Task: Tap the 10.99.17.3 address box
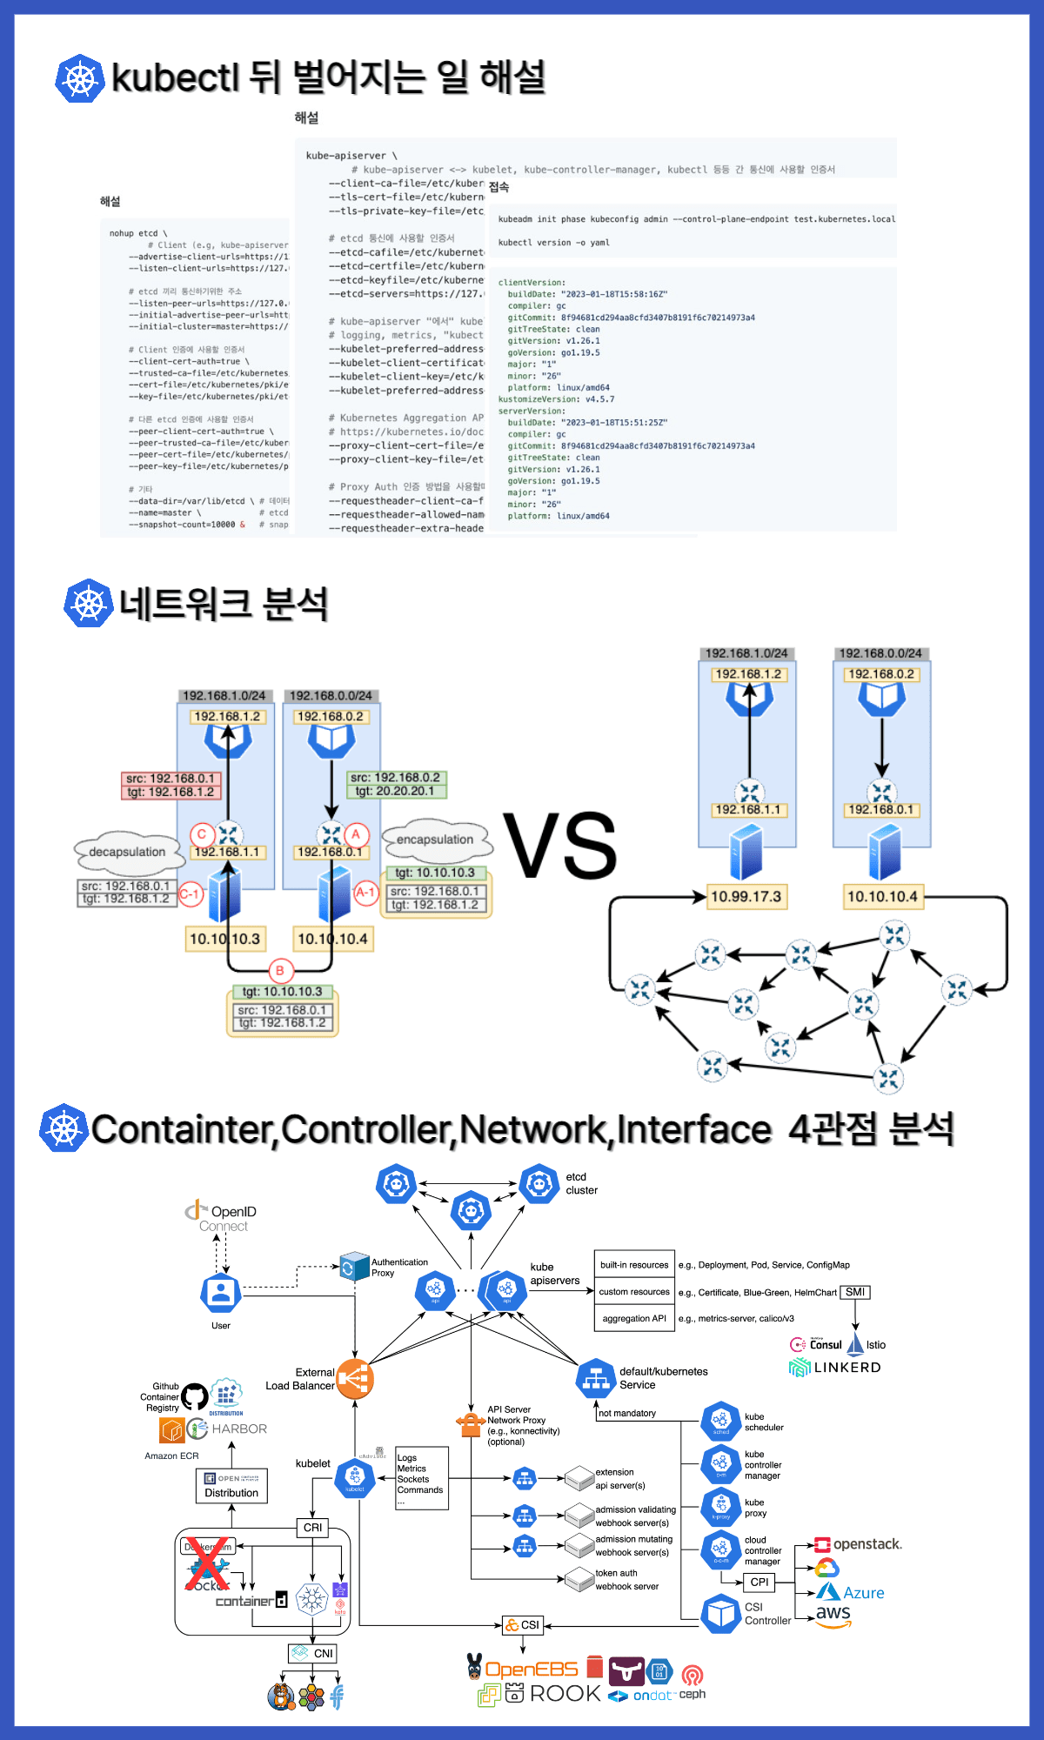point(746,896)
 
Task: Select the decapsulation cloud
point(128,852)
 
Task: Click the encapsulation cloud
point(436,840)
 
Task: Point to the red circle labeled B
point(280,970)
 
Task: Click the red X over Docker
point(207,1563)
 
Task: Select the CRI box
point(313,1527)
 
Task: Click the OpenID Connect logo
point(222,1217)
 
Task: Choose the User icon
point(221,1294)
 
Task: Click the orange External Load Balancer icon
point(355,1378)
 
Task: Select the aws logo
point(833,1615)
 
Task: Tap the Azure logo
point(852,1592)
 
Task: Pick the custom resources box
point(634,1292)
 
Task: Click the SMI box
point(855,1292)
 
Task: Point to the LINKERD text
point(847,1367)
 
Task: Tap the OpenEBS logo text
point(531,1669)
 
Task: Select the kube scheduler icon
point(721,1421)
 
